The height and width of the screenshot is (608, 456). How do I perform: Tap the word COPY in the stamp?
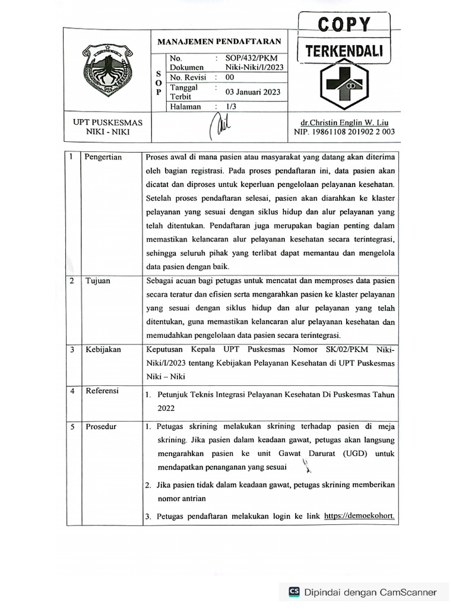344,25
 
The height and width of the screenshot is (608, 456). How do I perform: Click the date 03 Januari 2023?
253,92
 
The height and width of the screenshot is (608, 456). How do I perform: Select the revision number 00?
230,77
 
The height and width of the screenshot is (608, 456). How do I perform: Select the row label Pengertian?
103,157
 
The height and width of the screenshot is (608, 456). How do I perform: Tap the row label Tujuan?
97,281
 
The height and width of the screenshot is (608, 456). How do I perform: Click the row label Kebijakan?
103,349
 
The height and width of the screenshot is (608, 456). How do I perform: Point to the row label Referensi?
102,391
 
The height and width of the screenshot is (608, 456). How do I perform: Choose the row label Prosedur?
101,427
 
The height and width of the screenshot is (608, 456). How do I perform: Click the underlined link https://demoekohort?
360,516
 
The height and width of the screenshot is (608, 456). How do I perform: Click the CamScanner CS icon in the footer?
294,591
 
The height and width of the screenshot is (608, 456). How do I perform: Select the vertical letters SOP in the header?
158,83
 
